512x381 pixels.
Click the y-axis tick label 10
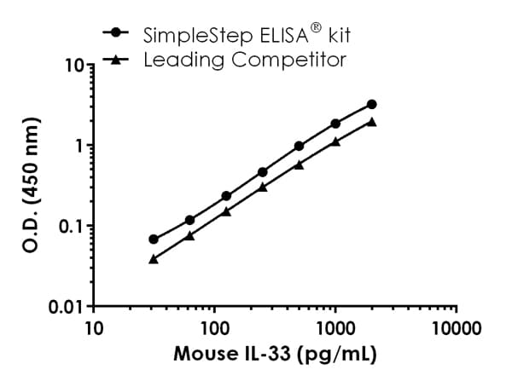pos(74,65)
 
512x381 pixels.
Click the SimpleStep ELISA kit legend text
pos(236,35)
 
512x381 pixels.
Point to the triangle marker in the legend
pos(116,59)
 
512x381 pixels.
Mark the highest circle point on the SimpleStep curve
pos(372,104)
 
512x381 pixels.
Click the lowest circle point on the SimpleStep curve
pos(154,240)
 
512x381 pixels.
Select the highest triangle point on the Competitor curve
pos(372,122)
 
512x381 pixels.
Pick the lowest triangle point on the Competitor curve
pos(154,258)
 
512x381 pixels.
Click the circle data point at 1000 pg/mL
pos(335,124)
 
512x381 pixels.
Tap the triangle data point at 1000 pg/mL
pos(335,141)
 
